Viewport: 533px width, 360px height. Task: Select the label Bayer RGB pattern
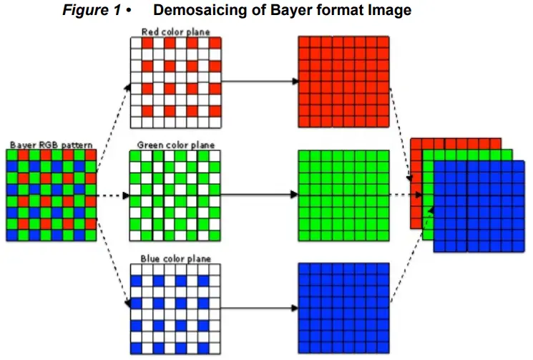(51, 145)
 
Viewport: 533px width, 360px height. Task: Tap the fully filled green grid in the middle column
(343, 195)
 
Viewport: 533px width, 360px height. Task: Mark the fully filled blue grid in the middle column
(343, 308)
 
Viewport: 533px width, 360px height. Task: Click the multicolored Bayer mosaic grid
(51, 195)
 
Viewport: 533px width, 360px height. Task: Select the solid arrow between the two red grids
(258, 82)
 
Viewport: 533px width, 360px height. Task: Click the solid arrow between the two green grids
(258, 195)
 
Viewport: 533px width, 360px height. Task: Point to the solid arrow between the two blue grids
(258, 308)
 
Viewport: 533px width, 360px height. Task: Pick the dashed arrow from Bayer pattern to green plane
(112, 195)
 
